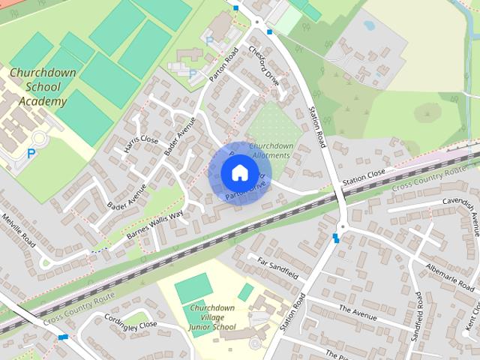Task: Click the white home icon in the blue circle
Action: tap(238, 173)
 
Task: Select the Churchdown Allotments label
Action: tap(271, 150)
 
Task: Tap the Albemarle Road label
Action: tap(450, 277)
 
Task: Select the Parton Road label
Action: tap(226, 64)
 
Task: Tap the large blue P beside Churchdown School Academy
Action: tap(31, 153)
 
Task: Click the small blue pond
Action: tap(369, 25)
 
